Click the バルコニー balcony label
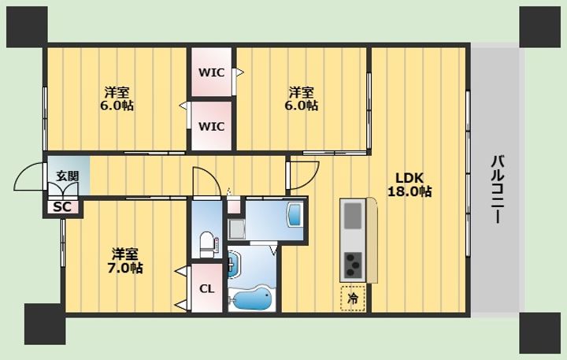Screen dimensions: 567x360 [x=498, y=189]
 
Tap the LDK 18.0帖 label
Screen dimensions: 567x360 [x=409, y=184]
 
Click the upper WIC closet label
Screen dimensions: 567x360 [x=212, y=72]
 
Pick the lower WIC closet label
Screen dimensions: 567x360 [x=212, y=127]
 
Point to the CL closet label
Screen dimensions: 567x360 [x=207, y=289]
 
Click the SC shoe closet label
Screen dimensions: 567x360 [x=62, y=207]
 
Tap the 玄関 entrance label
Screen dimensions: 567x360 [x=67, y=176]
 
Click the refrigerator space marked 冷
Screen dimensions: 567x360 [x=353, y=298]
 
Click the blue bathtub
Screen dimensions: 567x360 [x=252, y=298]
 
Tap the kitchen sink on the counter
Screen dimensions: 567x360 [x=353, y=216]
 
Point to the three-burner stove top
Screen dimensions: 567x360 [x=353, y=265]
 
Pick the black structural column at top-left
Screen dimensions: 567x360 [x=27, y=27]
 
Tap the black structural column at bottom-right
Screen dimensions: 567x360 [x=540, y=333]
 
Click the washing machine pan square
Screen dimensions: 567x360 [x=236, y=228]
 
